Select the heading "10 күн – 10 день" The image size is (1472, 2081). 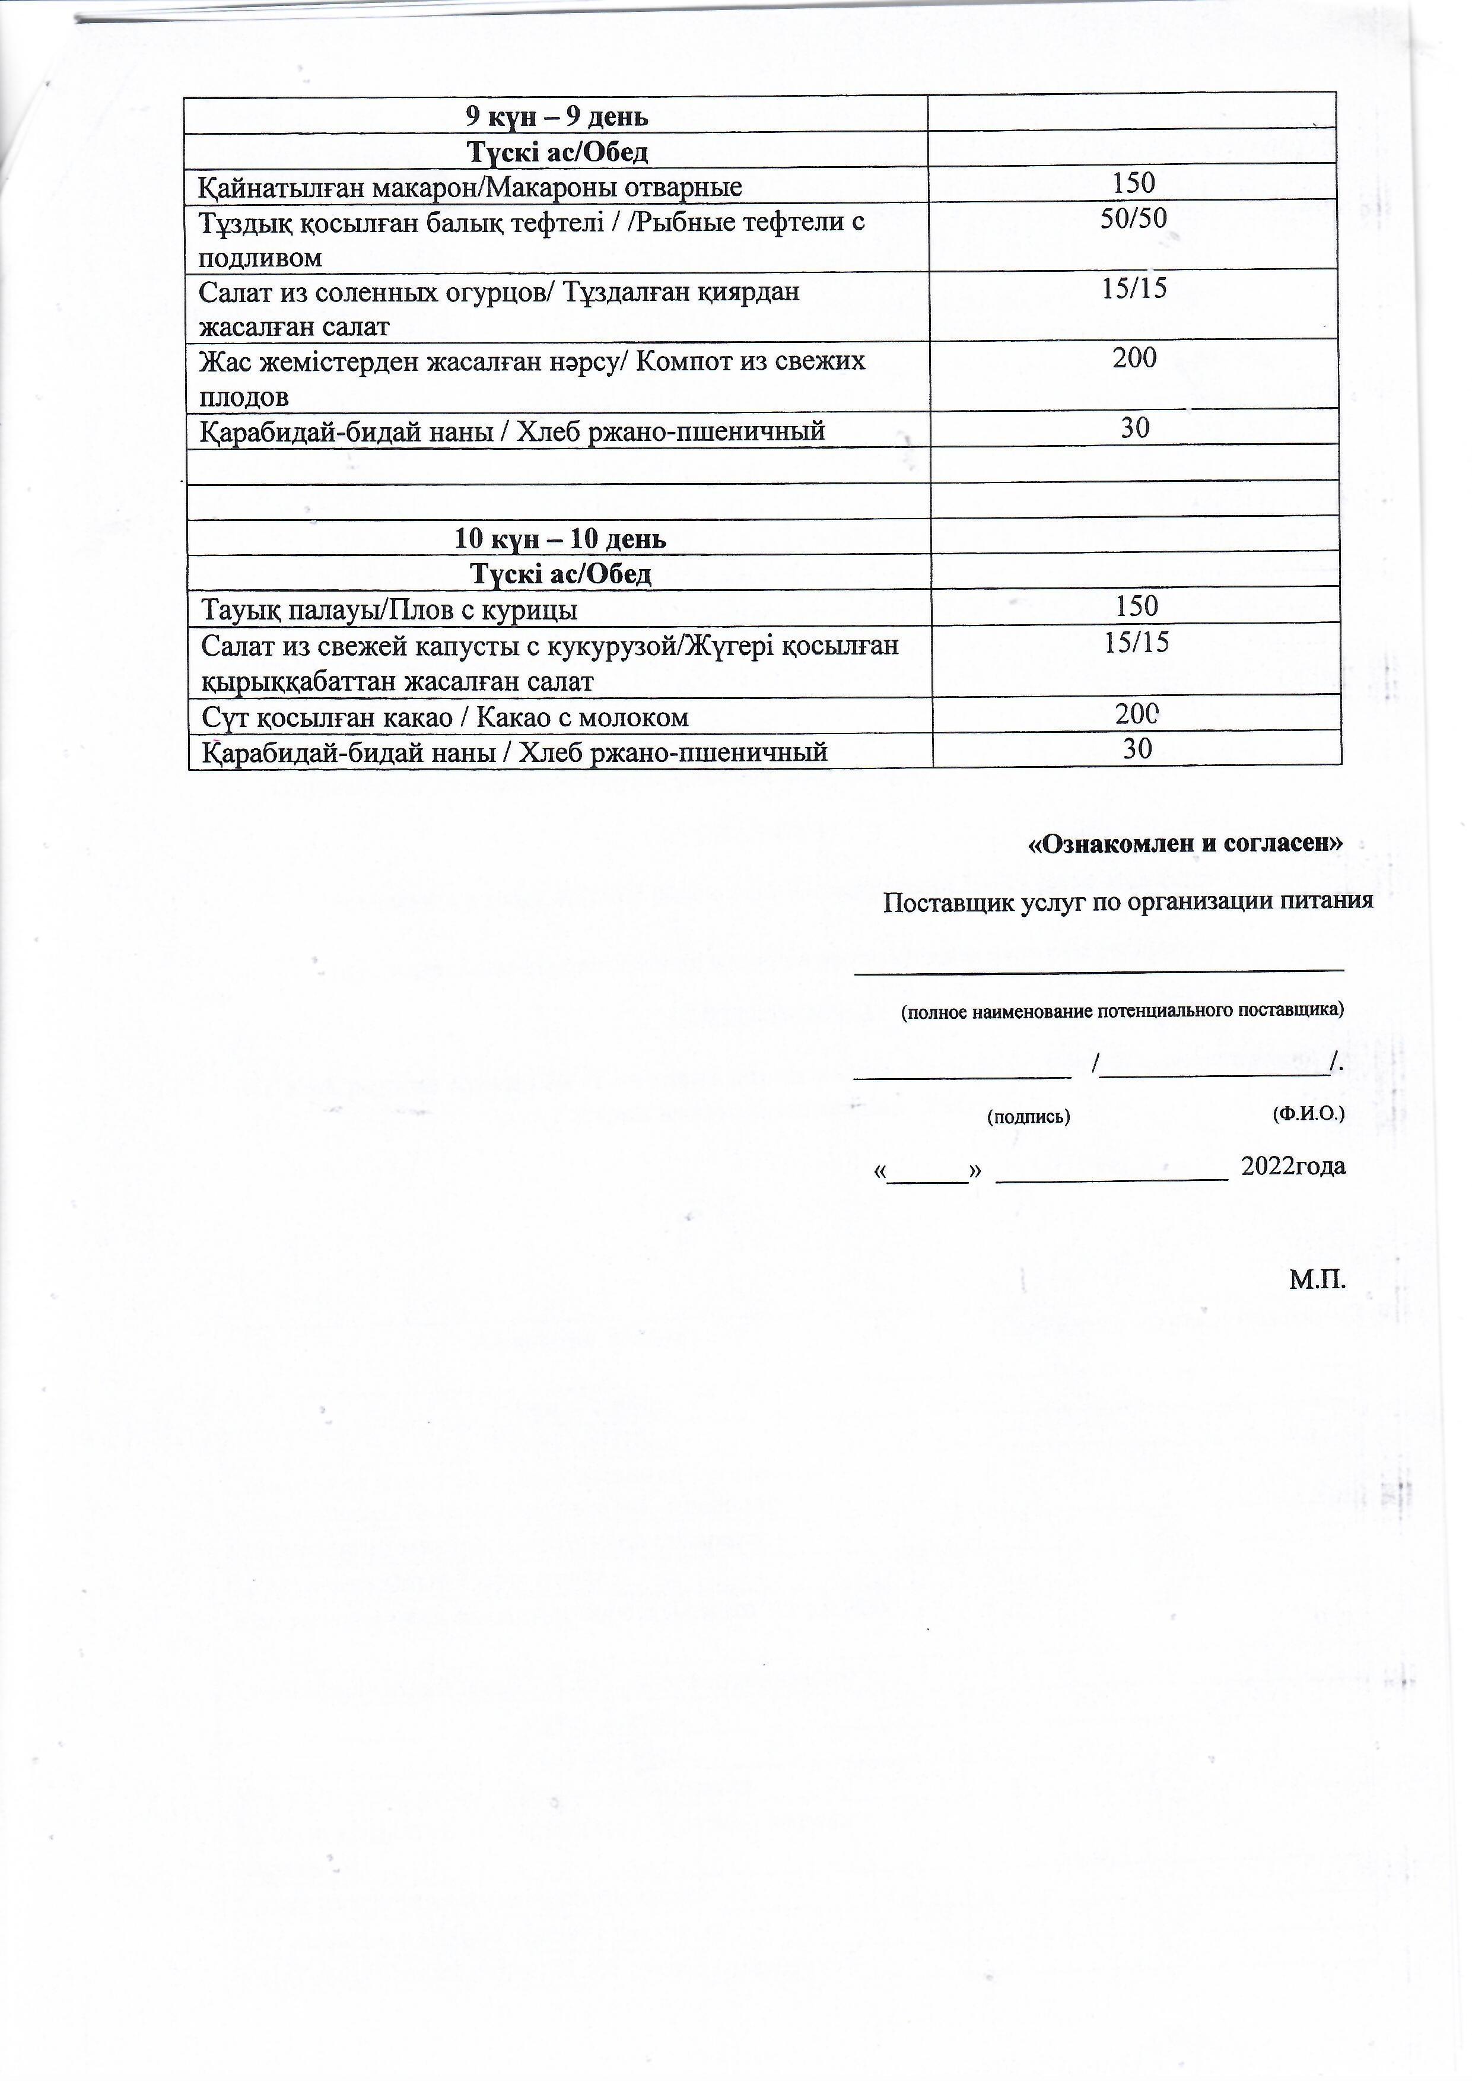560,539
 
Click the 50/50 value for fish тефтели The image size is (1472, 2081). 1133,218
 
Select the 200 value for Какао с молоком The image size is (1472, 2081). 1137,714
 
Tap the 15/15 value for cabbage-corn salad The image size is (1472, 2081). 1137,643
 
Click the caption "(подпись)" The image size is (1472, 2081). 1028,1117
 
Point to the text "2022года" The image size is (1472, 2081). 1293,1167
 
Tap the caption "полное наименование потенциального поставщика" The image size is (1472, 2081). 1122,1011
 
